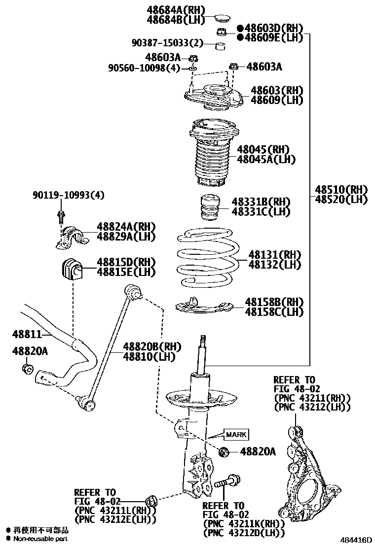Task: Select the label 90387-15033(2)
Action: pos(167,43)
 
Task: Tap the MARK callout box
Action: pos(236,434)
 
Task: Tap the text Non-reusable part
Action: pos(40,539)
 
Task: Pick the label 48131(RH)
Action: pos(275,255)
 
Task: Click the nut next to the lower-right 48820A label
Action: pos(224,451)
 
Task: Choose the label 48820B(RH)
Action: pos(146,346)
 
